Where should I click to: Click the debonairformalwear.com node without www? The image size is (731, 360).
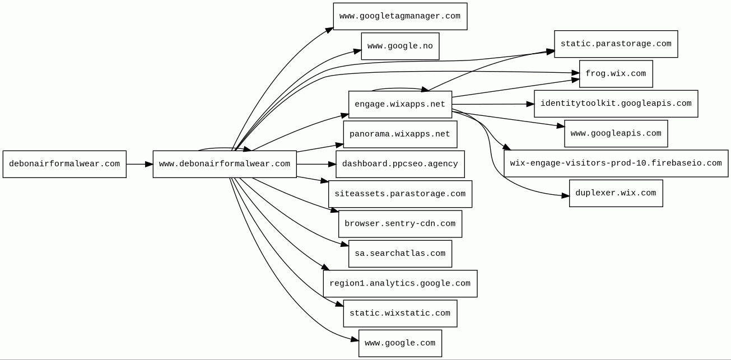click(64, 164)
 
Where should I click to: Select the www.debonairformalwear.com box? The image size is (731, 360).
click(225, 164)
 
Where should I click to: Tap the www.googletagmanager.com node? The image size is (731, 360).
click(400, 16)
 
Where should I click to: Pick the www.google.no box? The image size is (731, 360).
click(400, 46)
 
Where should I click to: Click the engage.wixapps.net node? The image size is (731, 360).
click(400, 104)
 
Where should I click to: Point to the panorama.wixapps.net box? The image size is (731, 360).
click(400, 134)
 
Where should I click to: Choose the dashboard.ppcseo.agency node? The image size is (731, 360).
click(400, 164)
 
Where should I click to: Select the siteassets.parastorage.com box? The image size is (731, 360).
click(400, 194)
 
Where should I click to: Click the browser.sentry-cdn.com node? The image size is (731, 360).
click(400, 224)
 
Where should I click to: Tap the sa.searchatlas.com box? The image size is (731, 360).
click(400, 254)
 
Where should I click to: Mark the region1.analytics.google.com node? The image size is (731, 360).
click(400, 283)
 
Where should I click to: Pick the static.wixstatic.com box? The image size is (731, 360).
click(400, 314)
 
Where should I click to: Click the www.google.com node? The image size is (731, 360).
click(400, 343)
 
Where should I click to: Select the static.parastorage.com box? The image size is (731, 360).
click(616, 44)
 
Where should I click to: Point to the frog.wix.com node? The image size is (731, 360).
click(616, 74)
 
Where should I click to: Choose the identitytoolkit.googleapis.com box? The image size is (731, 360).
click(616, 104)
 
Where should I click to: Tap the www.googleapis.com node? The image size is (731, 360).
click(616, 134)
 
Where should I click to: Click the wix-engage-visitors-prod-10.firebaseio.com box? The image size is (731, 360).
click(616, 163)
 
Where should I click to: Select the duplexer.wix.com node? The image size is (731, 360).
click(616, 193)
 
